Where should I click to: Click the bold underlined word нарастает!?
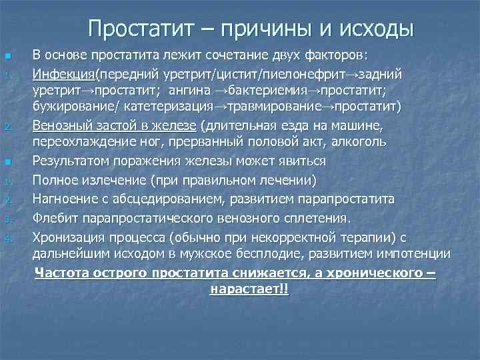click(x=249, y=290)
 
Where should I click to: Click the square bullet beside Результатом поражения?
click(x=7, y=162)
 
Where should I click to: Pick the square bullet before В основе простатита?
click(x=7, y=55)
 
